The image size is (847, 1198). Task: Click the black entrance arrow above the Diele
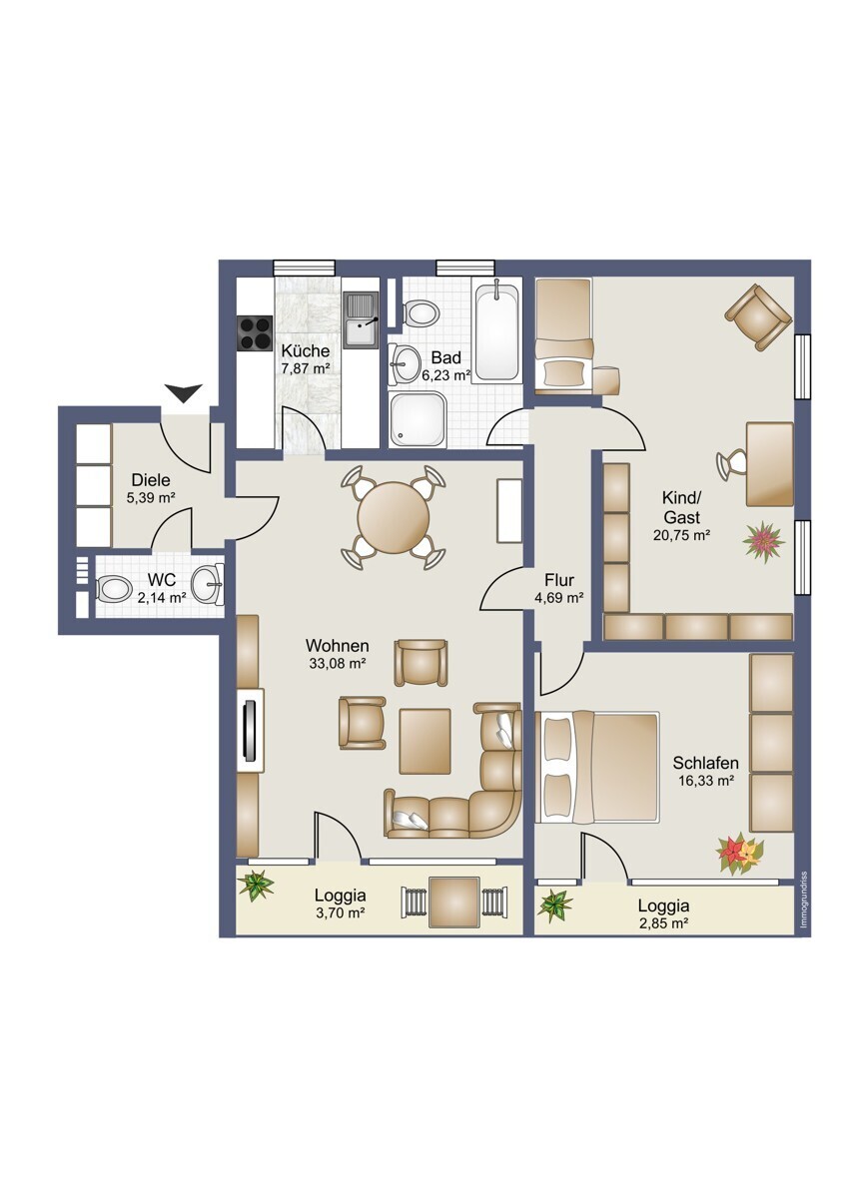[183, 392]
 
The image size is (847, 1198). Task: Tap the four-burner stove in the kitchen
[256, 333]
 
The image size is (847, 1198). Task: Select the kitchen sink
[362, 317]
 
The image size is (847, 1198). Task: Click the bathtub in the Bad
[497, 332]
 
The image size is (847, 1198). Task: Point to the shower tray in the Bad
[417, 420]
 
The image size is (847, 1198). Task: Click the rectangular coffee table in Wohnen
[424, 741]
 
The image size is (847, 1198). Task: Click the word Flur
[559, 580]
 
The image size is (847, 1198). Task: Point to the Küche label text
[305, 351]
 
